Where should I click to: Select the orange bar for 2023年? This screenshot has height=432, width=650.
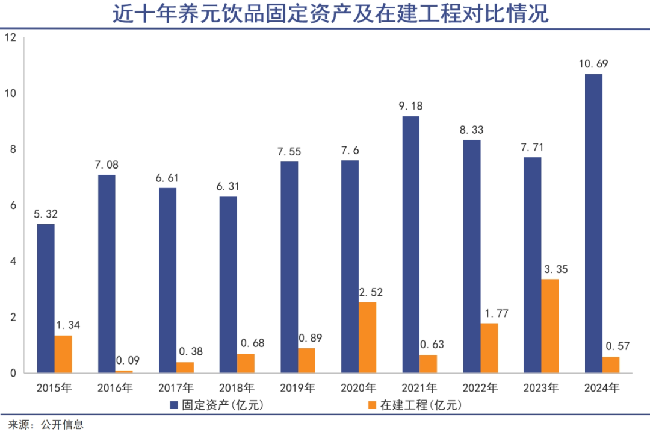point(550,326)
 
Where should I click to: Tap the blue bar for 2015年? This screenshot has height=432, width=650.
point(46,298)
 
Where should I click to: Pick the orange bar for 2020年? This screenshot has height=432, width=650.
point(367,337)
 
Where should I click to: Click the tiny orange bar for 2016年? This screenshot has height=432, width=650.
point(124,372)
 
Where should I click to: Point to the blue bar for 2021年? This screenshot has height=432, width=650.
point(411,245)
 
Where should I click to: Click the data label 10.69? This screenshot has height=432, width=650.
point(593,63)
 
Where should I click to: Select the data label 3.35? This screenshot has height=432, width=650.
point(550,269)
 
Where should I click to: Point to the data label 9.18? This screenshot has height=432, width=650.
point(411,106)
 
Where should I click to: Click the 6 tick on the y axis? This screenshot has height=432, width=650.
point(12,205)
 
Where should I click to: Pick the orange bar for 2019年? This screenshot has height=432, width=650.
point(306,360)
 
